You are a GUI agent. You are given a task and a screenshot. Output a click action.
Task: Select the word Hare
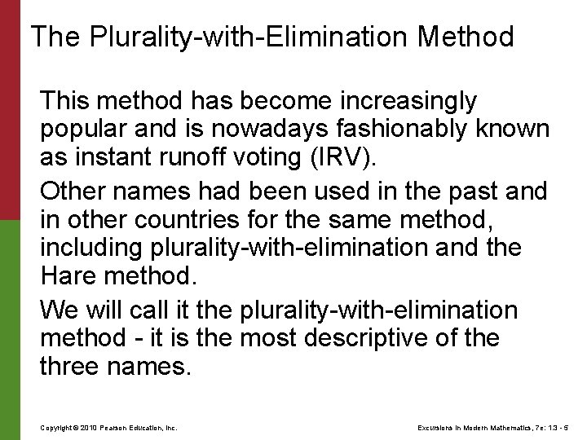68,275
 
